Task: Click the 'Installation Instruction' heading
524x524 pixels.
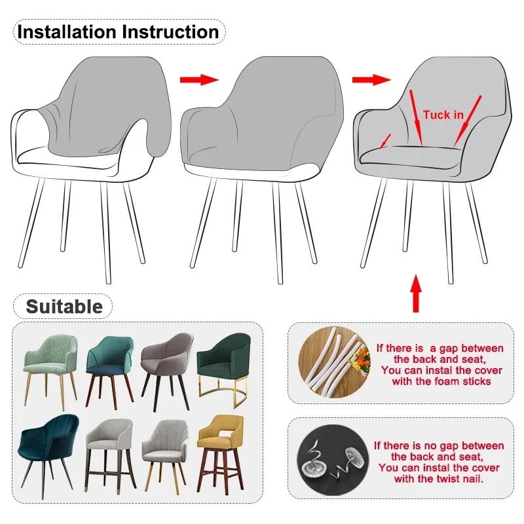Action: click(x=118, y=31)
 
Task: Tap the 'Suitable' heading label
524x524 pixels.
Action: click(x=64, y=306)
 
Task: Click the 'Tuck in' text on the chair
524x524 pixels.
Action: click(x=443, y=115)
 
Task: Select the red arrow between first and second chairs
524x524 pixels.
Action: click(x=198, y=79)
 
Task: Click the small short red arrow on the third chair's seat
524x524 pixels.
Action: click(x=386, y=140)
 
